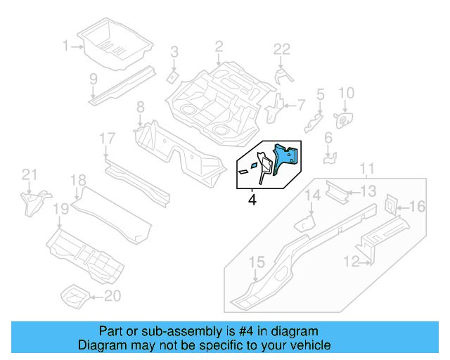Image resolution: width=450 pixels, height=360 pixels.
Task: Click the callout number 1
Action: click(x=66, y=47)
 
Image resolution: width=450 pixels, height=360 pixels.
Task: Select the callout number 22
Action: click(x=281, y=48)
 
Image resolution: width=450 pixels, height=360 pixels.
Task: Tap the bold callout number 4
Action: click(x=252, y=200)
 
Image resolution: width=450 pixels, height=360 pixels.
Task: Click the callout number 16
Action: click(x=417, y=206)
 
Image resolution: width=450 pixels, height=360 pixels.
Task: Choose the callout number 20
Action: click(x=112, y=296)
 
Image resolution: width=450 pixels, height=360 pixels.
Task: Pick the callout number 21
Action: click(x=28, y=175)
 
